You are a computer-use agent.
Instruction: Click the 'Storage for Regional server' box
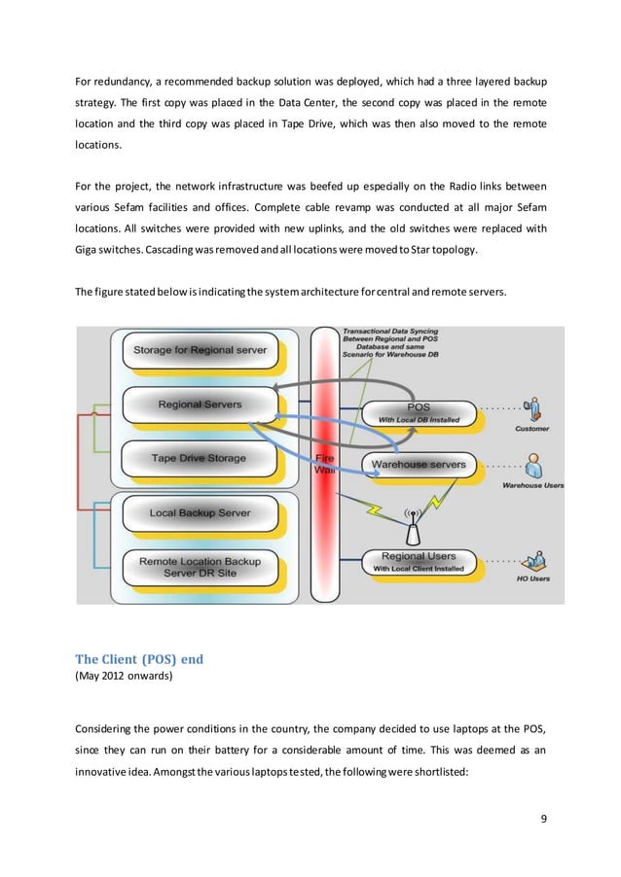pos(200,349)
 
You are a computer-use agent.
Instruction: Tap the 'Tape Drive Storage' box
pos(199,458)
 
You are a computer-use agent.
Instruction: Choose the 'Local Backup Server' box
pos(200,512)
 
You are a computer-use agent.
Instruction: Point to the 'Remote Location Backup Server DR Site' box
pos(200,567)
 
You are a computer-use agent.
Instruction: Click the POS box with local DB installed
pos(418,412)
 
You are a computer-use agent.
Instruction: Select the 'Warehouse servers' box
pos(418,465)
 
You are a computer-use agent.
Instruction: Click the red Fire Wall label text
pos(324,463)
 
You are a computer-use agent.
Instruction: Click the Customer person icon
pos(531,409)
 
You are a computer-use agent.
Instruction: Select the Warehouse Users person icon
pos(532,462)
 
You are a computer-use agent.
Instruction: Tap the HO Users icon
pos(532,561)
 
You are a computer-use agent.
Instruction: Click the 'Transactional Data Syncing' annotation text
pos(390,332)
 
